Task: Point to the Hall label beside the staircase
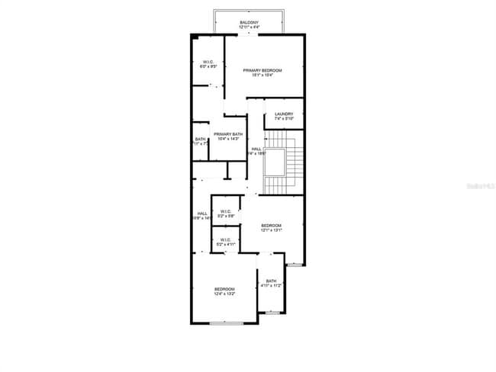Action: pos(256,149)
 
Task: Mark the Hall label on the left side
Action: pos(202,213)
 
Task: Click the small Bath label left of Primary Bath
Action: pos(200,139)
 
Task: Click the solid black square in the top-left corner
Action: pos(196,36)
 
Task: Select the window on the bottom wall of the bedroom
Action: pos(227,324)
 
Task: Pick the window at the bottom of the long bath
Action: pos(272,313)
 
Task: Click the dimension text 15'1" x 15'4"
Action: pos(258,75)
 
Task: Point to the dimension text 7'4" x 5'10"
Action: pos(285,119)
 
